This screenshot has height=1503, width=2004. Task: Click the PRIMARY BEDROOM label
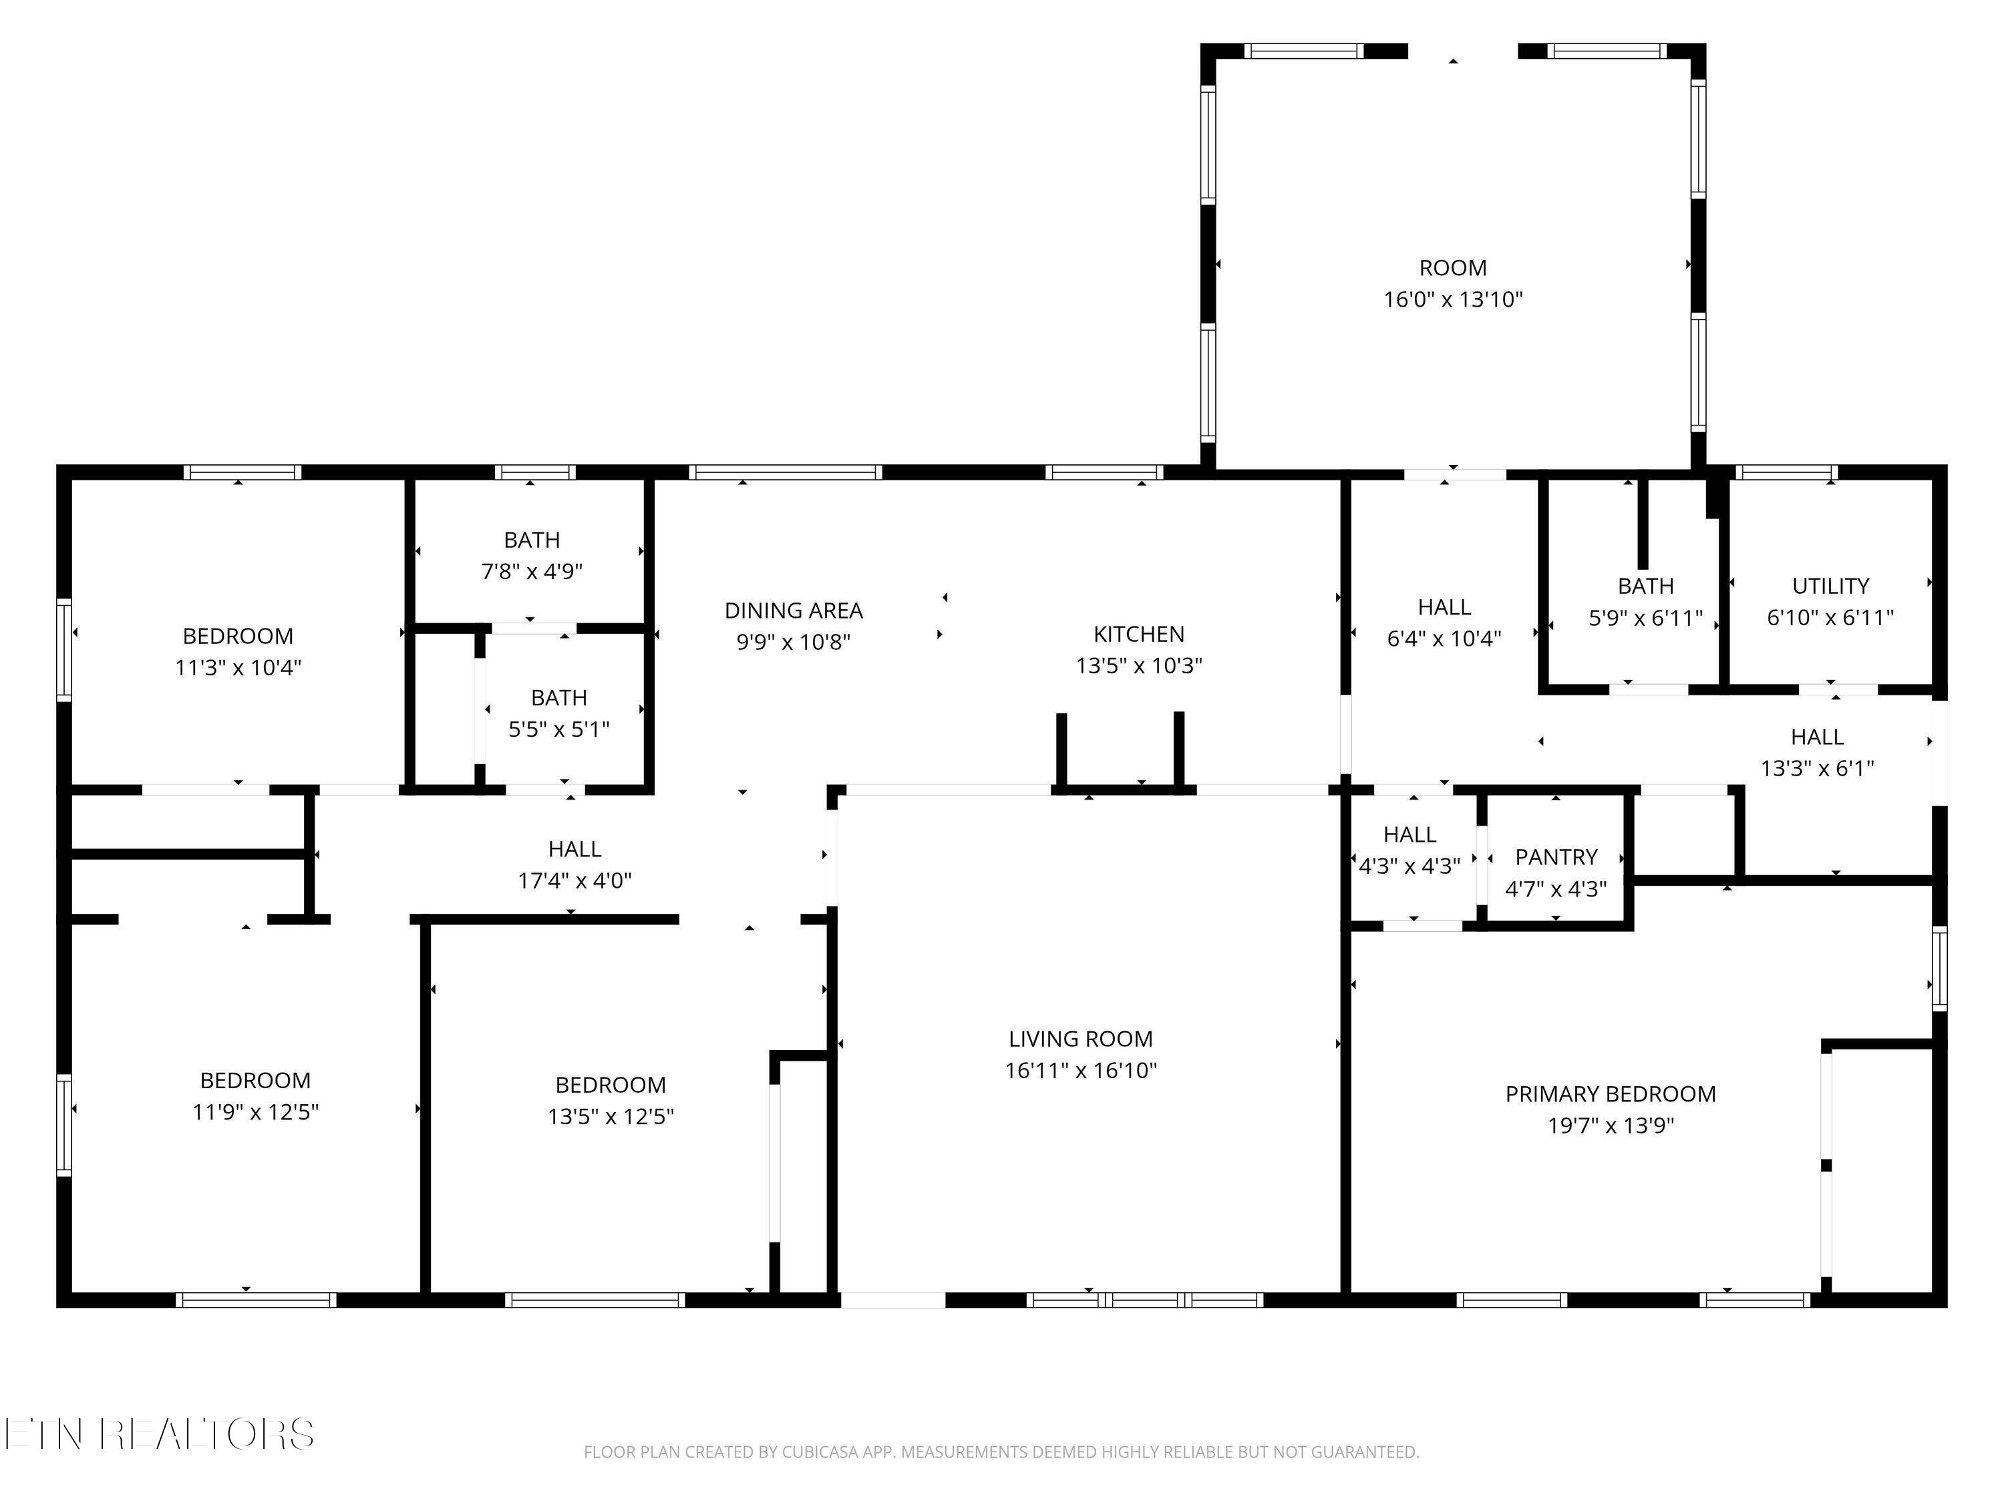[1610, 1094]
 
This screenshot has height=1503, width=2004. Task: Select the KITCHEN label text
[1139, 634]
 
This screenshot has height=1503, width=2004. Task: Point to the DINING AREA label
[794, 611]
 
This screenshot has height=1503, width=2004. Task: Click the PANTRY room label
[1556, 857]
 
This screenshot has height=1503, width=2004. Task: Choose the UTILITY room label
[1831, 586]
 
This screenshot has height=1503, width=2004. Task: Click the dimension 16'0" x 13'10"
[1453, 300]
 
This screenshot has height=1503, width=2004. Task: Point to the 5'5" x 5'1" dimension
[559, 729]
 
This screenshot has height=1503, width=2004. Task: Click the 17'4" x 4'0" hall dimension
[574, 880]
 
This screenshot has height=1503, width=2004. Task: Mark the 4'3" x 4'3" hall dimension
[1409, 866]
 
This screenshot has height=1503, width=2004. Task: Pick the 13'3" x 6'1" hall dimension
[1818, 768]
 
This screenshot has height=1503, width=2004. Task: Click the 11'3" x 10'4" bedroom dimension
[238, 668]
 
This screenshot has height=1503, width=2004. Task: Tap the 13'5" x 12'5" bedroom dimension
[611, 1116]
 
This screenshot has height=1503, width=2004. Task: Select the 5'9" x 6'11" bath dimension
[1646, 618]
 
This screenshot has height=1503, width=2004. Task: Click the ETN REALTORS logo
[160, 1434]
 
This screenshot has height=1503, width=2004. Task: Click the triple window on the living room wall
[1145, 1300]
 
